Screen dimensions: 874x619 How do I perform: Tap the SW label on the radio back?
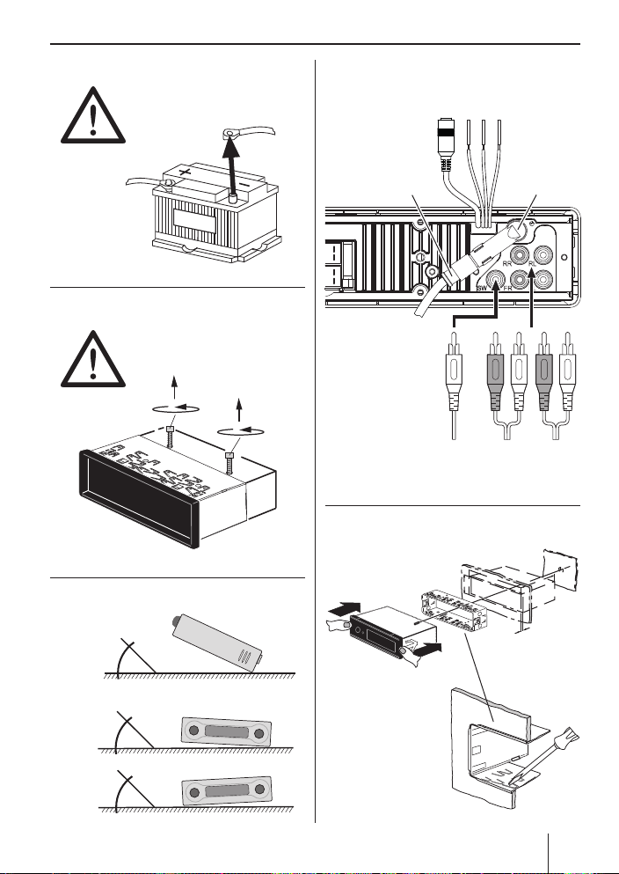point(482,287)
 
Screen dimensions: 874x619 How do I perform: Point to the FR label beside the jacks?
point(532,287)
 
